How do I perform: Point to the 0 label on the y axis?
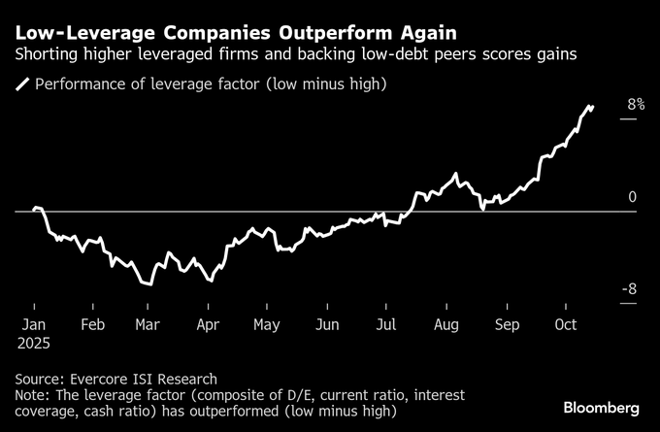[632, 197]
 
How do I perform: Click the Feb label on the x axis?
[94, 325]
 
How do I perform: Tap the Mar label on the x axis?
[148, 325]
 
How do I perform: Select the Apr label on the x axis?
[207, 325]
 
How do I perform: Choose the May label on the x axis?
[266, 325]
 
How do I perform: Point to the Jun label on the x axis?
[327, 325]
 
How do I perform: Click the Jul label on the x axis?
[386, 325]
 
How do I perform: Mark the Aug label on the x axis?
[446, 325]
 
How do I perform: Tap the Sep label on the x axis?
[507, 325]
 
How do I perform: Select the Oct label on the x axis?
[566, 325]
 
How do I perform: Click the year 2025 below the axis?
[35, 344]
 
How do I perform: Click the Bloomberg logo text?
[601, 406]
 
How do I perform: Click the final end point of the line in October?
[593, 106]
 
